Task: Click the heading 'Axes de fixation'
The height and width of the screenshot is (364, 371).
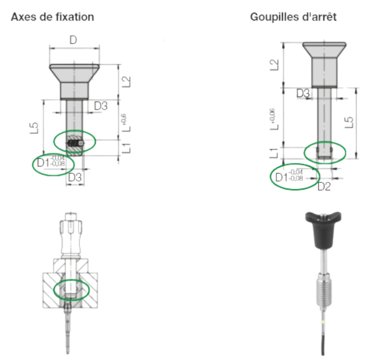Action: [x=53, y=17]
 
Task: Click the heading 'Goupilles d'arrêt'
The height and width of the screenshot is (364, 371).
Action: [x=293, y=17]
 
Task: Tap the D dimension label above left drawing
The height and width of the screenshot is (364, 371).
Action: [x=73, y=40]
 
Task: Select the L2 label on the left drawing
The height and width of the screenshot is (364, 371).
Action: [x=127, y=82]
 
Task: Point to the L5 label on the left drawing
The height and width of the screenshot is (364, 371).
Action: [x=34, y=128]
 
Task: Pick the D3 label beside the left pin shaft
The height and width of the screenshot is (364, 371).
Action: [x=101, y=106]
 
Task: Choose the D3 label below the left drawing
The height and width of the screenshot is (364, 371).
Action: [x=75, y=177]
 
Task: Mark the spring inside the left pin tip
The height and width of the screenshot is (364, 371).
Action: [x=73, y=143]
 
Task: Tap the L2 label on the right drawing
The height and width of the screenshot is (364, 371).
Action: [x=274, y=65]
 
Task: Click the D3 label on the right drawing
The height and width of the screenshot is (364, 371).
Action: [x=303, y=93]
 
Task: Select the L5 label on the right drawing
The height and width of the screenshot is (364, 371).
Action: [x=349, y=122]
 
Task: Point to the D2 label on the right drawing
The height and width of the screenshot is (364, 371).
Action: [x=324, y=187]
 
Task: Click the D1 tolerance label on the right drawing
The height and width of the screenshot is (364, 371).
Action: [x=289, y=176]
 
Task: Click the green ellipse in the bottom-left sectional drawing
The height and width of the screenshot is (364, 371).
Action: [x=72, y=290]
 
